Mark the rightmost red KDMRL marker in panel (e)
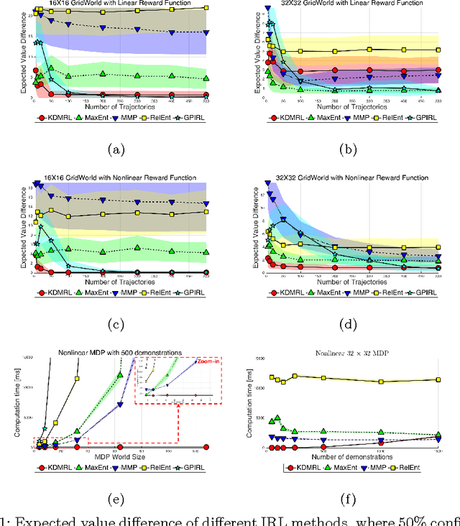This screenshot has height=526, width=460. (x=206, y=447)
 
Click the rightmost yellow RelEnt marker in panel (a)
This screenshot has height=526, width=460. (x=206, y=8)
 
